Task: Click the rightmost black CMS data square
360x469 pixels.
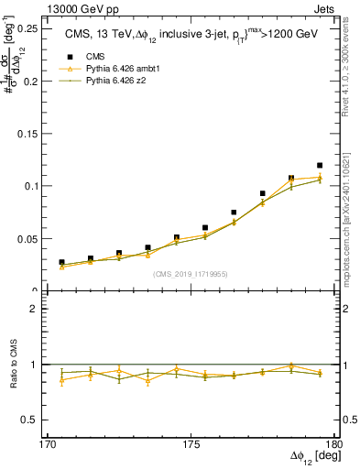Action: (x=320, y=166)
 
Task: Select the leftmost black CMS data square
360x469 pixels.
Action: (x=61, y=262)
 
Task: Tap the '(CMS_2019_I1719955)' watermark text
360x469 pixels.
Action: (x=190, y=273)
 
